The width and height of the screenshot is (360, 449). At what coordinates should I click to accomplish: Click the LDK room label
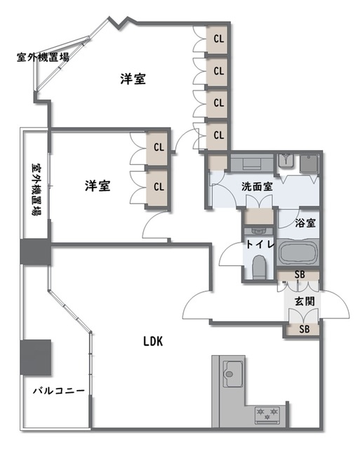click(x=153, y=342)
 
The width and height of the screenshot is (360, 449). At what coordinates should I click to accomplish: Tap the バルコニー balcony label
click(x=59, y=390)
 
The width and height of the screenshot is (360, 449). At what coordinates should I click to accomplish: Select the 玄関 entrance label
click(x=305, y=301)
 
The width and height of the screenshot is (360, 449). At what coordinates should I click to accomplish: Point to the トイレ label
click(x=260, y=244)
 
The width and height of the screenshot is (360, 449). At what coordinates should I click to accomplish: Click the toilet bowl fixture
click(x=259, y=267)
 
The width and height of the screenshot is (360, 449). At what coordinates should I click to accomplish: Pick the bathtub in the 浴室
click(x=298, y=253)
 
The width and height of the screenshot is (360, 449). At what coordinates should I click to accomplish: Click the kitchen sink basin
click(x=233, y=373)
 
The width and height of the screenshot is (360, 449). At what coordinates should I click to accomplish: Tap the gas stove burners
click(x=267, y=415)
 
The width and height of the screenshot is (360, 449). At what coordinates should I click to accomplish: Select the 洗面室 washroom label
click(x=257, y=187)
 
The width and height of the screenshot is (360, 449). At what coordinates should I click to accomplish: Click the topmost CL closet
click(x=218, y=39)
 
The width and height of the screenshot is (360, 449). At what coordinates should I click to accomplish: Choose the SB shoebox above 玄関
click(x=299, y=275)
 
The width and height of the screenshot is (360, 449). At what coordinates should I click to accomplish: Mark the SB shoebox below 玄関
click(x=304, y=329)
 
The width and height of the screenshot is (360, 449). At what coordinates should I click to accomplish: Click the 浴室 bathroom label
click(x=305, y=223)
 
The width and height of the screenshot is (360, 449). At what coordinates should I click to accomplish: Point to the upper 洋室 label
click(x=133, y=79)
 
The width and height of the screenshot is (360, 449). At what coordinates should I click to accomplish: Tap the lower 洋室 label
click(x=98, y=185)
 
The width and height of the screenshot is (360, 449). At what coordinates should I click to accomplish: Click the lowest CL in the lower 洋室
click(x=157, y=187)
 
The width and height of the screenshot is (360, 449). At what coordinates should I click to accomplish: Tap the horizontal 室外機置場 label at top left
click(x=43, y=58)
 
